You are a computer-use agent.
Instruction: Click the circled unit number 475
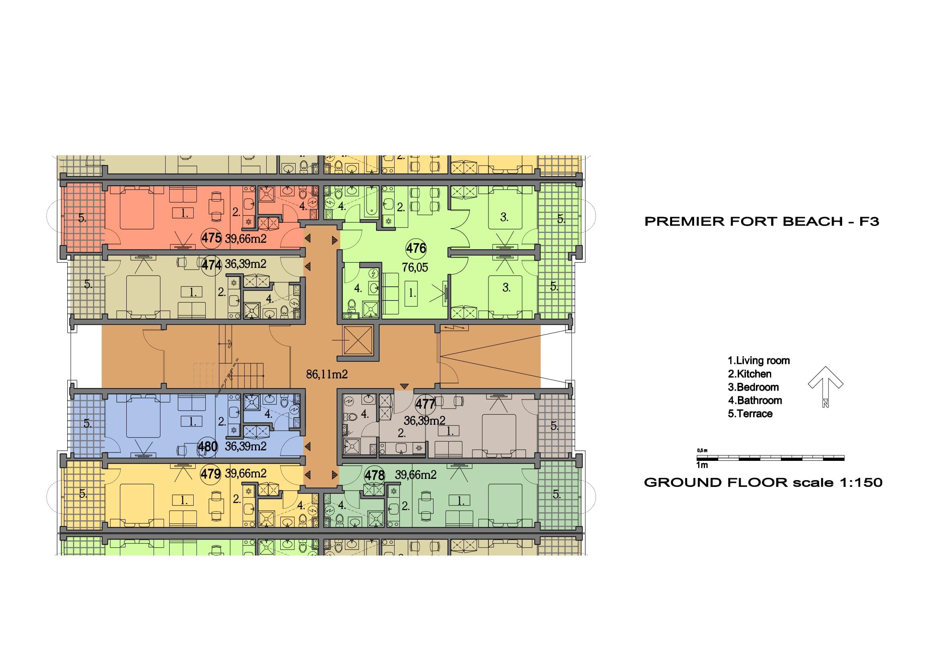211,238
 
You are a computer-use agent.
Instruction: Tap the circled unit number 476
416,248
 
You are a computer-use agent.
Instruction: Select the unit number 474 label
212,265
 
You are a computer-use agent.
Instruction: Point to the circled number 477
425,404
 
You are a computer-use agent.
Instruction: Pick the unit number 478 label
374,475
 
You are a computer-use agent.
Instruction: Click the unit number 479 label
211,474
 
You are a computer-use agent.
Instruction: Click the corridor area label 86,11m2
327,374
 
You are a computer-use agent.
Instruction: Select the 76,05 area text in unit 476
415,268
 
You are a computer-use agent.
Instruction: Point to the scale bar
770,458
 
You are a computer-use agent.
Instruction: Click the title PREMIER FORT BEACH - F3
762,222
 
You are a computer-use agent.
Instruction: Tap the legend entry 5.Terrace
750,414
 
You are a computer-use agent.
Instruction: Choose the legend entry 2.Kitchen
750,374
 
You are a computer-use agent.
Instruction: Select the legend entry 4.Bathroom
755,401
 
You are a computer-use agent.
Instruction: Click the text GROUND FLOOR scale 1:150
763,483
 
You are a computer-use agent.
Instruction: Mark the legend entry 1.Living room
759,361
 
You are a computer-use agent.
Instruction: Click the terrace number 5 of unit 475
82,219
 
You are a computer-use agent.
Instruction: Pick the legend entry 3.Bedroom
754,387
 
